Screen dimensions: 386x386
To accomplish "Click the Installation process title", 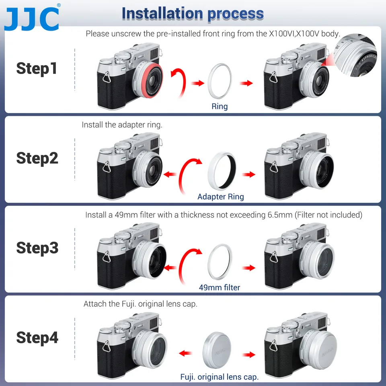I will click(x=193, y=13).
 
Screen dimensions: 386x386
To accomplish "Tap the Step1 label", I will click(x=37, y=68).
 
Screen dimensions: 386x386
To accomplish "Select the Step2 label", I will click(x=37, y=158).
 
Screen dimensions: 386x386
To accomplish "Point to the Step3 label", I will click(x=37, y=248).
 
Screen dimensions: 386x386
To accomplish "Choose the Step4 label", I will click(x=37, y=338).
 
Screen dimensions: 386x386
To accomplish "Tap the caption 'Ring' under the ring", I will click(x=220, y=107).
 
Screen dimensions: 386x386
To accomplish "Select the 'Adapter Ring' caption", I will click(x=220, y=197).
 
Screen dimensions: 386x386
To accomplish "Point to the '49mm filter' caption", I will click(x=220, y=287).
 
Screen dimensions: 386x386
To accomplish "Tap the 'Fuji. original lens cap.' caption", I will click(x=219, y=377).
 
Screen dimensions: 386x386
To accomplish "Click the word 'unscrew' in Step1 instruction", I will click(x=128, y=34).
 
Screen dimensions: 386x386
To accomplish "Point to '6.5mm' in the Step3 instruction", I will click(x=280, y=215).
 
